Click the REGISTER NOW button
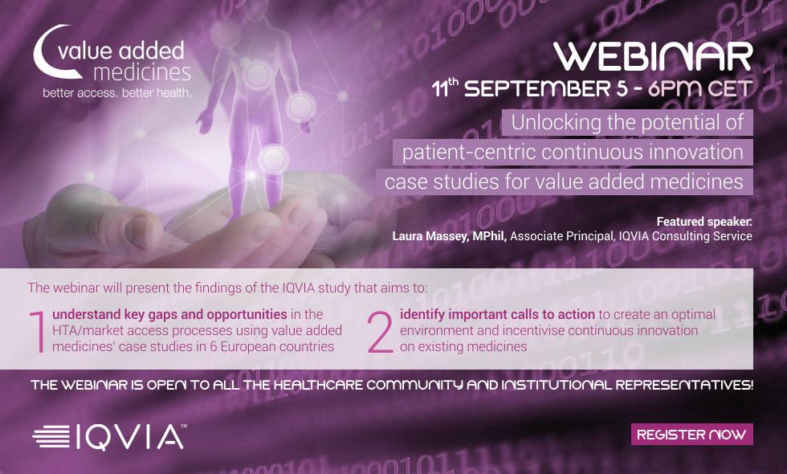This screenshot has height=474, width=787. (x=691, y=435)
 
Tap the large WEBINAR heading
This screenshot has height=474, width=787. (x=653, y=57)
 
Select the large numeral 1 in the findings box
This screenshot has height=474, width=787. (x=39, y=332)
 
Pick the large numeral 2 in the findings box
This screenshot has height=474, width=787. (x=380, y=332)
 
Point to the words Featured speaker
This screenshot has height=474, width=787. (x=704, y=222)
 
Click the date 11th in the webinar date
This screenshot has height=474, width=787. (x=445, y=88)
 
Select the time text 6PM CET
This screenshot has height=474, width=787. (x=700, y=89)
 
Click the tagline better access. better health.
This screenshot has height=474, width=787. (x=117, y=92)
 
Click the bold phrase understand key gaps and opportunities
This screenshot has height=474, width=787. (x=169, y=314)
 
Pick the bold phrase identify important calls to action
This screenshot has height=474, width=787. (x=497, y=314)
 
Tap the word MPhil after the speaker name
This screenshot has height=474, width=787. (x=489, y=236)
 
